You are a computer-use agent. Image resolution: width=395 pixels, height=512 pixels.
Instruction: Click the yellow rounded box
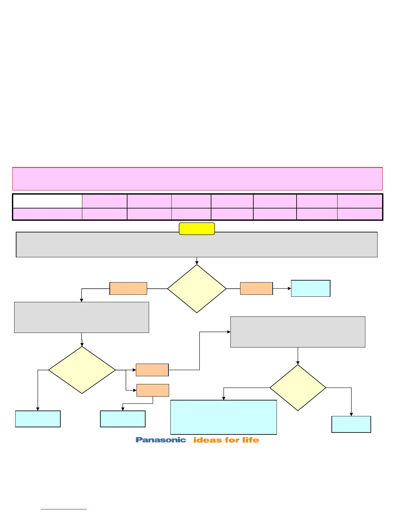pos(197,229)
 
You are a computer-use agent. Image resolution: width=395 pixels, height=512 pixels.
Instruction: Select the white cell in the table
pos(47,201)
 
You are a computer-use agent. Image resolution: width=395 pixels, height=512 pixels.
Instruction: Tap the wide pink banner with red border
pos(197,179)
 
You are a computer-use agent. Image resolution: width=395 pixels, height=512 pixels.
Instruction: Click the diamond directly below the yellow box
pos(197,289)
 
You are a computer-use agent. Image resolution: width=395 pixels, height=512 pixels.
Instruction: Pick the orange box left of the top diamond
pos(128,288)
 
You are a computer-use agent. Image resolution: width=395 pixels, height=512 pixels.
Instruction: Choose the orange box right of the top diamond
pos(257,288)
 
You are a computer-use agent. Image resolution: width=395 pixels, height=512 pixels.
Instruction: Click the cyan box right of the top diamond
pos(310,288)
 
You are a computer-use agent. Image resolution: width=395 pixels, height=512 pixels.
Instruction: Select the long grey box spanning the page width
pos(197,245)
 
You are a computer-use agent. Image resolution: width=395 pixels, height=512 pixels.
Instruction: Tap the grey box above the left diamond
pos(82,317)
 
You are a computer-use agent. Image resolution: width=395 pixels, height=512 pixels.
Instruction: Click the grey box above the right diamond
pos(298,332)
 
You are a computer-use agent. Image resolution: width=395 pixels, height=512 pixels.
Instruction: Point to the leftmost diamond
pos(82,370)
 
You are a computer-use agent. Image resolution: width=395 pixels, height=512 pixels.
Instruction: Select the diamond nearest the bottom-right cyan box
pos(298,388)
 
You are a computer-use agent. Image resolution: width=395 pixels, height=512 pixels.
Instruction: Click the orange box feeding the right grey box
pos(152,370)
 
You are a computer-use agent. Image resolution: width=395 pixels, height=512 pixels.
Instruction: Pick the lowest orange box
pos(153,390)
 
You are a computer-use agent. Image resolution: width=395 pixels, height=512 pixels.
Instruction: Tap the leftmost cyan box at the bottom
pos(38,419)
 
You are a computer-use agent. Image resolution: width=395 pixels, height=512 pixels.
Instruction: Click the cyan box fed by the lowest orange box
pos(123,419)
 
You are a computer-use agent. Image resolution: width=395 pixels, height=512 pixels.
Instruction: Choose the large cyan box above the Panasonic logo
pos(224,417)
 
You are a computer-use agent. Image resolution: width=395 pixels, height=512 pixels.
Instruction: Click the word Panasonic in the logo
pos(161,440)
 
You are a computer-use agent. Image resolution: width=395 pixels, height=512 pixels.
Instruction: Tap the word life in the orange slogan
pos(251,440)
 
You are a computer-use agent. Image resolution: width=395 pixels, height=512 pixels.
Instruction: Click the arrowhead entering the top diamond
pos(197,263)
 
